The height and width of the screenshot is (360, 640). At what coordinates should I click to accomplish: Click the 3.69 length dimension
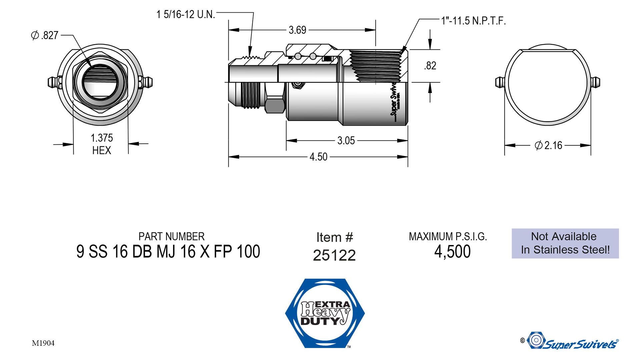point(297,30)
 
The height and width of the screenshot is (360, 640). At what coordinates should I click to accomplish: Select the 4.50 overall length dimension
point(318,157)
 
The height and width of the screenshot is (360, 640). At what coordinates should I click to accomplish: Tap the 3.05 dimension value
point(346,141)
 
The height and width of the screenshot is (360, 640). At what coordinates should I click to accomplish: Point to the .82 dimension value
point(430,66)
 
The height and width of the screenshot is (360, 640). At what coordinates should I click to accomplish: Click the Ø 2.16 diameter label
point(548,145)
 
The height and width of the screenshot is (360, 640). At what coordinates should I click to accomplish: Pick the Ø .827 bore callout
point(45,35)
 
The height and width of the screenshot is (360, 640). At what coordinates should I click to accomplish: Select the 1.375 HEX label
point(102,144)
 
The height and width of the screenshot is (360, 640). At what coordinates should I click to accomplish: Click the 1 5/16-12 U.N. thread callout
point(186,14)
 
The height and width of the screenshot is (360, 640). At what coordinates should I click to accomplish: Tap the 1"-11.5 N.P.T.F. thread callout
point(473,21)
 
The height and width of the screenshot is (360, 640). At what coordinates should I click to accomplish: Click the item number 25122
point(334,255)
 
